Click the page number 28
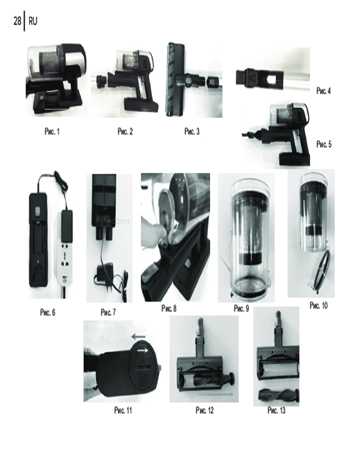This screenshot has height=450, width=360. tap(17, 21)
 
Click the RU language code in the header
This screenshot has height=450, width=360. tap(33, 21)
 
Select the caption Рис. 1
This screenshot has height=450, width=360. tap(52, 132)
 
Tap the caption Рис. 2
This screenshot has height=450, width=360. tap(125, 132)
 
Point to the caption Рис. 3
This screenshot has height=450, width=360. tap(192, 132)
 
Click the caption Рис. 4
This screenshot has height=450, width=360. tap(324, 91)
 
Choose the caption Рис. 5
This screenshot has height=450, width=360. tap(324, 144)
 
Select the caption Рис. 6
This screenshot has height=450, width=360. tap(48, 312)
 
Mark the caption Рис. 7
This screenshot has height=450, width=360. tap(108, 312)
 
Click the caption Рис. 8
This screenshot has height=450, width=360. tap(169, 309)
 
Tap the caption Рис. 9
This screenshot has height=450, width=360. tap(242, 309)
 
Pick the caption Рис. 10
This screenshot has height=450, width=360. tap(319, 306)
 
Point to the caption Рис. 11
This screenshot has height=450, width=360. tap(123, 410)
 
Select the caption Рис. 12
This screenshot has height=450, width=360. tap(205, 410)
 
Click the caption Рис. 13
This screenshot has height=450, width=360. tap(276, 410)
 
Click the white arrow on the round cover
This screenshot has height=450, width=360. tap(142, 351)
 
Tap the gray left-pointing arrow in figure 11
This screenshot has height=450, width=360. tap(138, 336)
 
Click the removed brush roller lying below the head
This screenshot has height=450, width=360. tap(279, 396)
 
